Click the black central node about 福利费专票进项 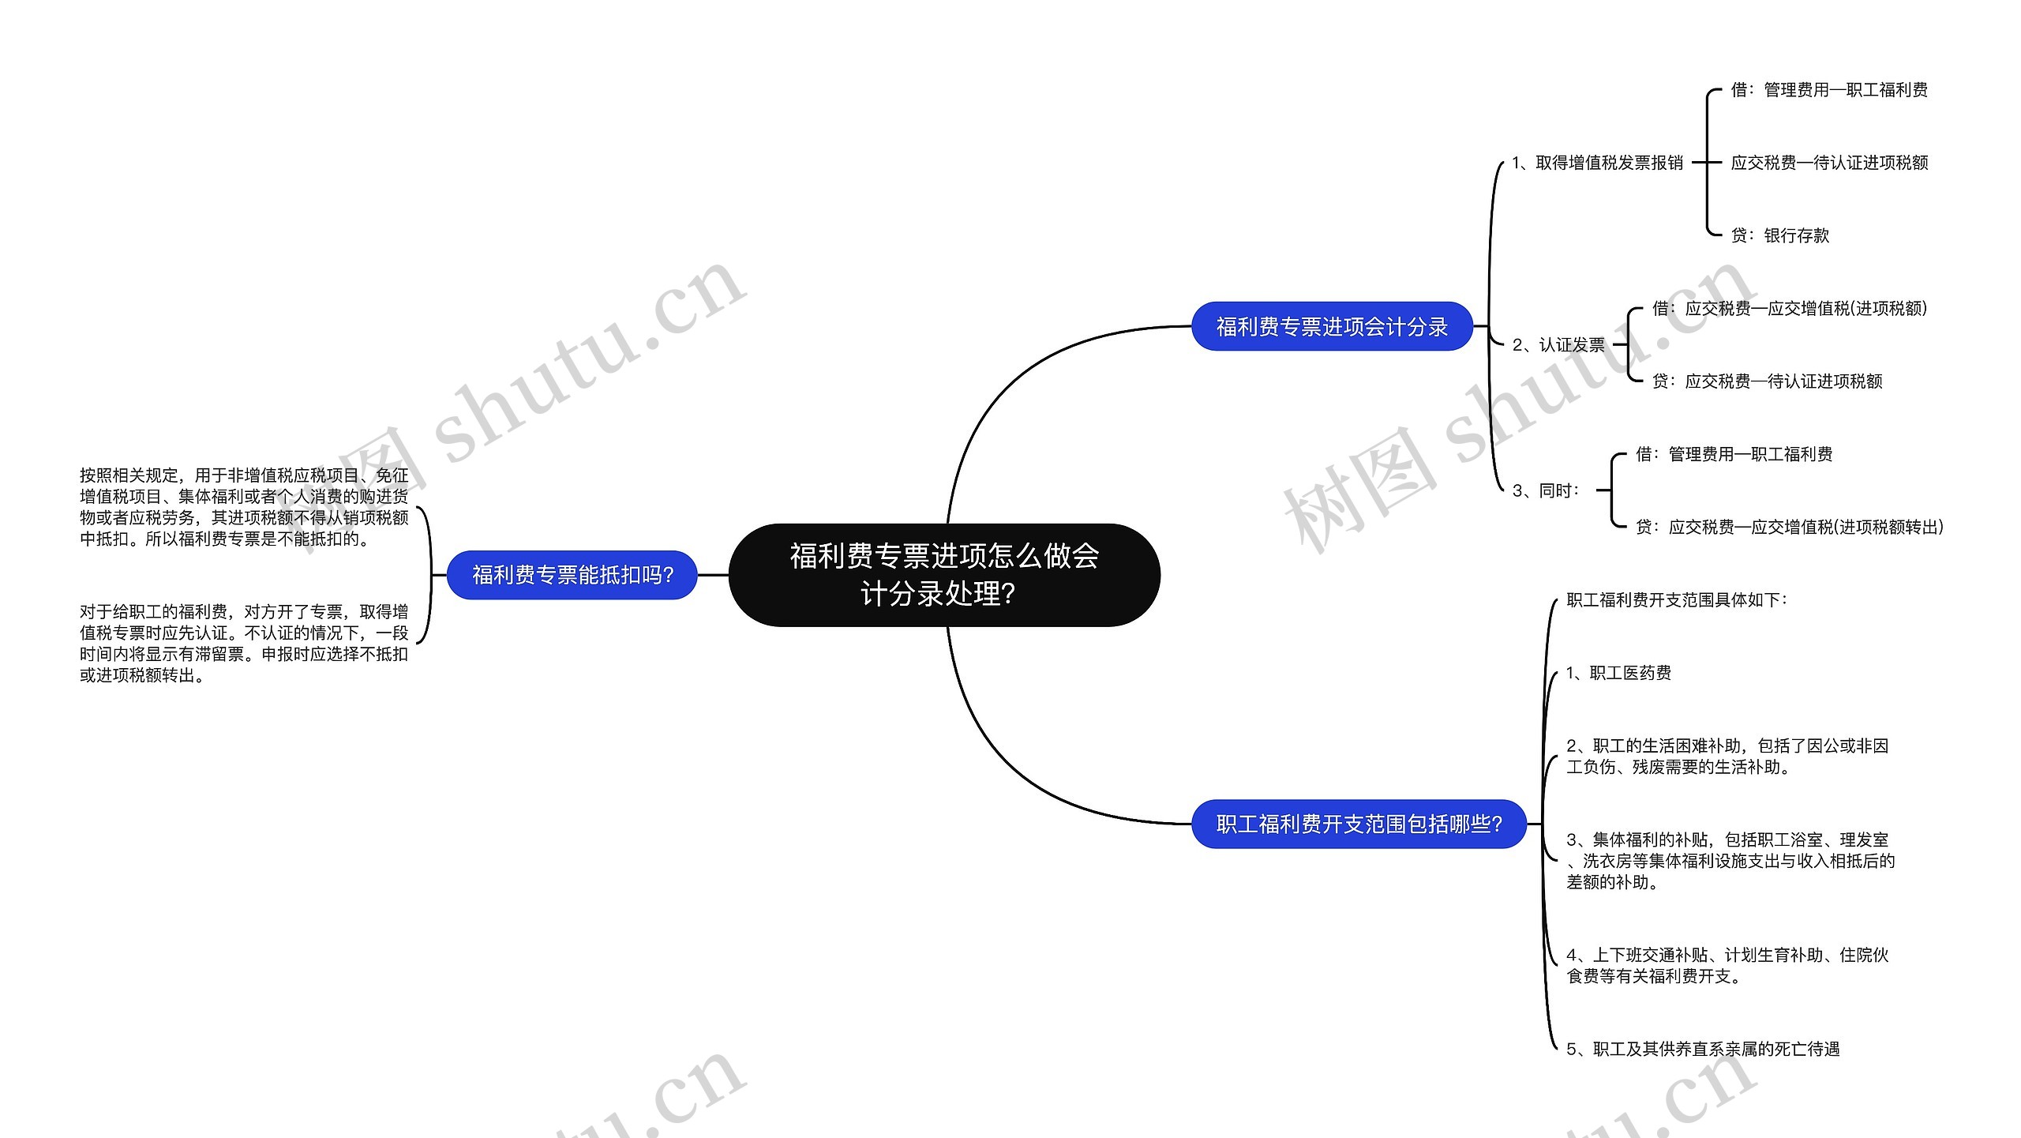click(x=943, y=574)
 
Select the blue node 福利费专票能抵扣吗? click(x=572, y=575)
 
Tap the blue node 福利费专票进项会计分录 click(x=1331, y=326)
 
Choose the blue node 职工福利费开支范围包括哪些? click(x=1358, y=824)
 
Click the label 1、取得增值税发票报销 click(x=1597, y=163)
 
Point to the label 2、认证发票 click(x=1558, y=345)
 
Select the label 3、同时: click(x=1547, y=490)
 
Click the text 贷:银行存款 click(x=1779, y=235)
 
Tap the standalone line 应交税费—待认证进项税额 click(x=1829, y=163)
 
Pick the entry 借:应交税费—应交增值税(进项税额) click(x=1789, y=309)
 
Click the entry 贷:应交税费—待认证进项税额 click(x=1767, y=381)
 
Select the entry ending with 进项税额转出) click(x=1789, y=527)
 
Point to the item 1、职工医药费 click(x=1618, y=673)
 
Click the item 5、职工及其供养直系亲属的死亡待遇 click(x=1703, y=1049)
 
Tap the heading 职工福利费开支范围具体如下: click(x=1677, y=600)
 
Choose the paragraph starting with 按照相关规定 click(x=244, y=507)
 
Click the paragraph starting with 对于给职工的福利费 click(x=244, y=643)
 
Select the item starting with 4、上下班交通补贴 click(x=1727, y=965)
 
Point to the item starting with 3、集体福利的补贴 click(x=1730, y=860)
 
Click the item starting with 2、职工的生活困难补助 click(x=1727, y=756)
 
